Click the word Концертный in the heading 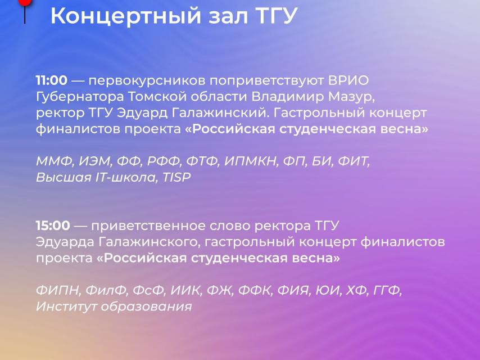[125, 16]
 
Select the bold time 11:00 [52, 80]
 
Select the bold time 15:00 [53, 226]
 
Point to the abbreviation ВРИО [348, 80]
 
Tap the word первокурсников [147, 81]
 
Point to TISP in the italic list [176, 177]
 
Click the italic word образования [146, 307]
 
